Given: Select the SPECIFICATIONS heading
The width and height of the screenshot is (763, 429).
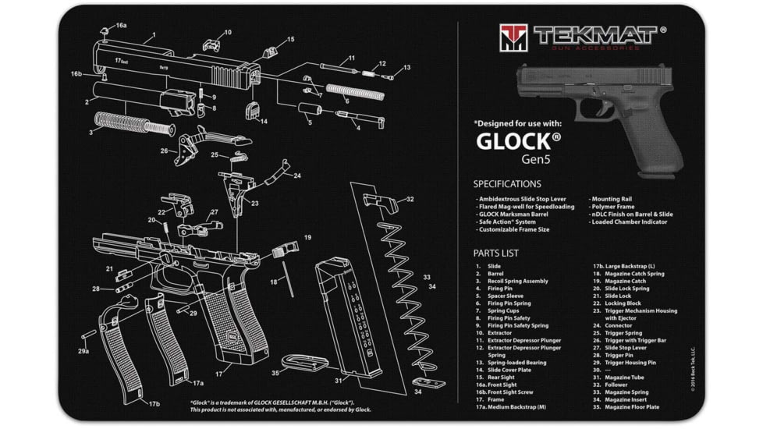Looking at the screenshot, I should [506, 184].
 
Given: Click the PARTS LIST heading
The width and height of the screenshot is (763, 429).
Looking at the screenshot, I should [495, 253].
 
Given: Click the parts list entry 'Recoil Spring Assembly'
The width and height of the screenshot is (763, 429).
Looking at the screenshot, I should [517, 282].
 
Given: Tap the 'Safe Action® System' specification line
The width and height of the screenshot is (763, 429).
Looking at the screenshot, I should [506, 222].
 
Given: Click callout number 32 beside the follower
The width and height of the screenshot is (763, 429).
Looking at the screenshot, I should [410, 200].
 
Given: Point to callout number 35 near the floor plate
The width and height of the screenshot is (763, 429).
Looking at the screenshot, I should [275, 374].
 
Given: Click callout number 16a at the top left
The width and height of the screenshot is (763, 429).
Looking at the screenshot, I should [122, 26].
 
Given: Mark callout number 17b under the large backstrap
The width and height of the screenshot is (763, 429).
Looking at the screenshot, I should [154, 403].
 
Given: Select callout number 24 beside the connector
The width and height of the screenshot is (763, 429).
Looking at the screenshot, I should [296, 176].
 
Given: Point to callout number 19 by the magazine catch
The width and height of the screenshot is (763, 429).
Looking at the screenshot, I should [307, 237].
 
